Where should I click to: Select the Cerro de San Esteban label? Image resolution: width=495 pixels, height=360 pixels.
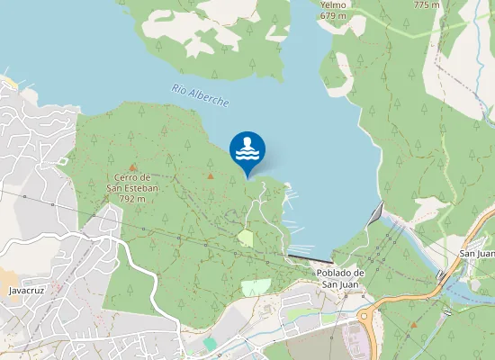click(x=132, y=183)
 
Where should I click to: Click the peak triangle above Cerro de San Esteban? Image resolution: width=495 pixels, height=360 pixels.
click(x=133, y=167)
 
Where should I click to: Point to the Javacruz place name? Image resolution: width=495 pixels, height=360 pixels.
click(x=26, y=291)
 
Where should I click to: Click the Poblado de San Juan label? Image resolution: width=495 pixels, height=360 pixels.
click(x=339, y=278)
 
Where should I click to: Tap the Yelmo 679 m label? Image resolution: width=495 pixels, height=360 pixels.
click(x=333, y=10)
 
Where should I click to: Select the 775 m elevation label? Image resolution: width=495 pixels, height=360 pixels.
click(x=426, y=4)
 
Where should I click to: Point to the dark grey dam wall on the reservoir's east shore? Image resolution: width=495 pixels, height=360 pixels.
click(x=376, y=214)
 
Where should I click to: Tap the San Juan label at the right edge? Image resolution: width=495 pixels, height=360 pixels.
click(x=478, y=253)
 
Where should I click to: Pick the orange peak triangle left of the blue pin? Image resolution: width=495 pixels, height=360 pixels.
click(x=211, y=175)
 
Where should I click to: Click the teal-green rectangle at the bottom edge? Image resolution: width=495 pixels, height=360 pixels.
click(x=210, y=344)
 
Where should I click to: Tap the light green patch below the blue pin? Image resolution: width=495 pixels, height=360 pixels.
click(x=246, y=238)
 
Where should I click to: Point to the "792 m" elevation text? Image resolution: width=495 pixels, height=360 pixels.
click(x=132, y=198)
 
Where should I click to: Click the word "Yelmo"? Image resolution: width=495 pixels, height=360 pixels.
click(x=333, y=4)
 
